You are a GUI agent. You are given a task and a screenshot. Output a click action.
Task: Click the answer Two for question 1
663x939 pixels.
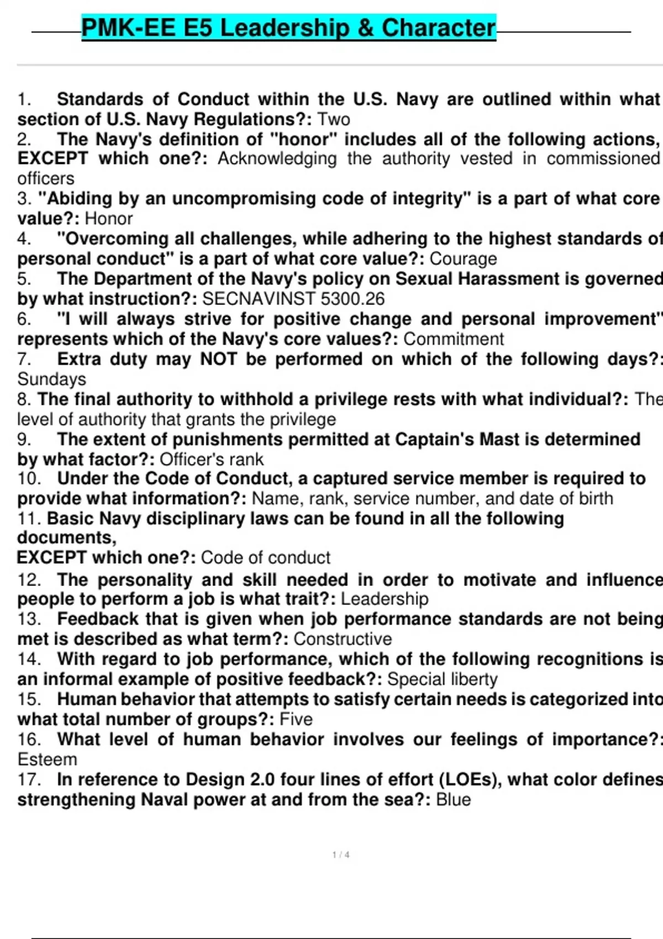pos(333,119)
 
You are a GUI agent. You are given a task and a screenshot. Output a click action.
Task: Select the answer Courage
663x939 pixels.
pos(463,259)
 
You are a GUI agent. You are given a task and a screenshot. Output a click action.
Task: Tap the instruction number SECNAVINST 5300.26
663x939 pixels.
pos(293,299)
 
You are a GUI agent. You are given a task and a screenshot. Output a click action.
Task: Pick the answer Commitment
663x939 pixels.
pos(454,339)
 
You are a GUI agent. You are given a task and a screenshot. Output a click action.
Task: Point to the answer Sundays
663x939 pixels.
pos(52,379)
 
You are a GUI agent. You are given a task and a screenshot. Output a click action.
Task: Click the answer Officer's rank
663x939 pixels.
pos(212,459)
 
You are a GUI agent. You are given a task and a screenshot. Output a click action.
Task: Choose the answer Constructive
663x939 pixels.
pos(343,639)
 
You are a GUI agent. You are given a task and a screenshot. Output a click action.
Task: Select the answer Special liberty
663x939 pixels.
pos(442,679)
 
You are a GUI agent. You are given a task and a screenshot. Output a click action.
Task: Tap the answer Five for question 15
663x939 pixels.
pos(296,719)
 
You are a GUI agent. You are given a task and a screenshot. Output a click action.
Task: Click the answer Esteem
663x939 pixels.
pos(48,759)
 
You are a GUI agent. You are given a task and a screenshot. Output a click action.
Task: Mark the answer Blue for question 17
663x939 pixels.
pos(453,799)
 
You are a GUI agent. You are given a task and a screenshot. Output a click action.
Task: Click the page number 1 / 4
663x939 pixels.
pos(341,855)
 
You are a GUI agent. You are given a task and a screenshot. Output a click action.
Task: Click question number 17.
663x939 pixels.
pos(29,779)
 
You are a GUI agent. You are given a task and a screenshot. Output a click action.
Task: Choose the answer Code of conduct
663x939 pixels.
pos(266,557)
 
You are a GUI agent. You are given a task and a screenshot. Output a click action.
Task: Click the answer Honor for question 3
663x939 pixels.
pos(109,219)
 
